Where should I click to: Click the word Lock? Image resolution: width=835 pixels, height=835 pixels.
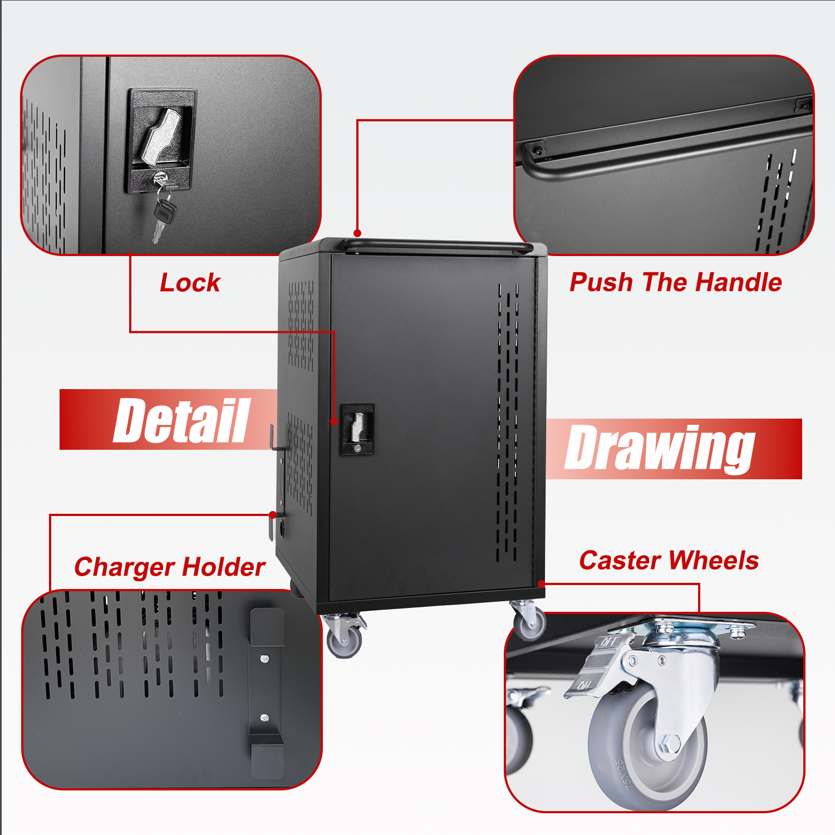(x=190, y=283)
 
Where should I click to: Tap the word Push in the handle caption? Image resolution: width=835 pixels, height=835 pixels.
(x=601, y=282)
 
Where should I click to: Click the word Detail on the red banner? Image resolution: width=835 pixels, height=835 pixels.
(x=181, y=421)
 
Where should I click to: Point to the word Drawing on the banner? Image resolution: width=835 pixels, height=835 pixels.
(x=660, y=448)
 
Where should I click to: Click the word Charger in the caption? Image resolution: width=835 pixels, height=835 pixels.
(x=124, y=567)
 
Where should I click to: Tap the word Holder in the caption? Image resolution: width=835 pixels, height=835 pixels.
(x=224, y=567)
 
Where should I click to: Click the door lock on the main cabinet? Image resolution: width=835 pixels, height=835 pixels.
(x=357, y=429)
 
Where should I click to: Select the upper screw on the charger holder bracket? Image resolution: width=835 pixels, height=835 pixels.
(x=265, y=659)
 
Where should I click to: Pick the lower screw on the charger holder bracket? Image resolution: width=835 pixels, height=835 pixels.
(x=265, y=718)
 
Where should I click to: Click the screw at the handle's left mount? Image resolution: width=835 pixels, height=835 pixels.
(x=537, y=150)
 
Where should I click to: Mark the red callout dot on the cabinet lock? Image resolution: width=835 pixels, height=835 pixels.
(x=334, y=421)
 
